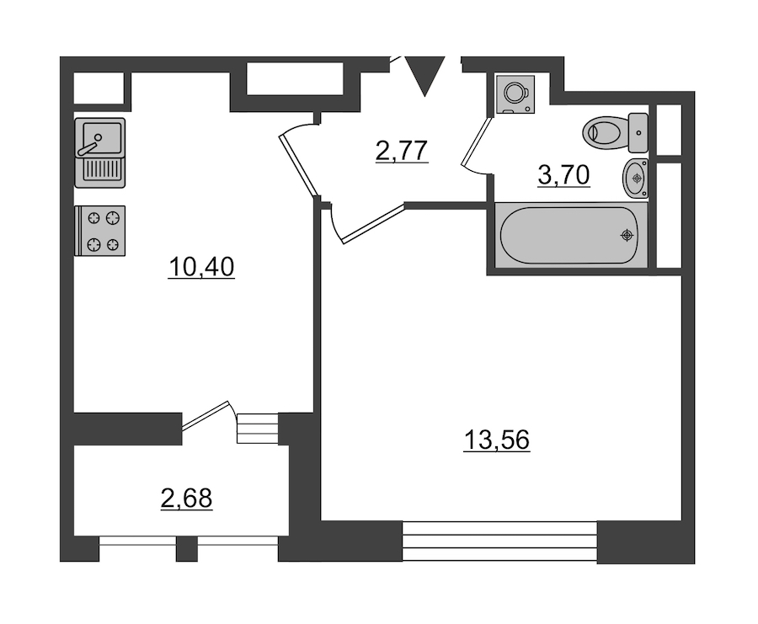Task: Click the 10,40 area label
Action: [x=201, y=267]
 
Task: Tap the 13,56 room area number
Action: [x=496, y=440]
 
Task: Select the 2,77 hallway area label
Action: [x=402, y=151]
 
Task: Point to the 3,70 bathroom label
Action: [x=563, y=175]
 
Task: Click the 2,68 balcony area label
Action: [x=186, y=499]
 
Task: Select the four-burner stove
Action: [x=100, y=231]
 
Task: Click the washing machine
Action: [x=515, y=94]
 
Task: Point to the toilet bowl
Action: [x=603, y=131]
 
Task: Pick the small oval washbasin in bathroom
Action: [x=635, y=179]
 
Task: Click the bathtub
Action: [x=571, y=235]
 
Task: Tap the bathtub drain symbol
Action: [x=627, y=236]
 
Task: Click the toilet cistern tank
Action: [x=638, y=132]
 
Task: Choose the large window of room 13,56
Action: [x=499, y=541]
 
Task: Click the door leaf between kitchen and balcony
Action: [x=205, y=415]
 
